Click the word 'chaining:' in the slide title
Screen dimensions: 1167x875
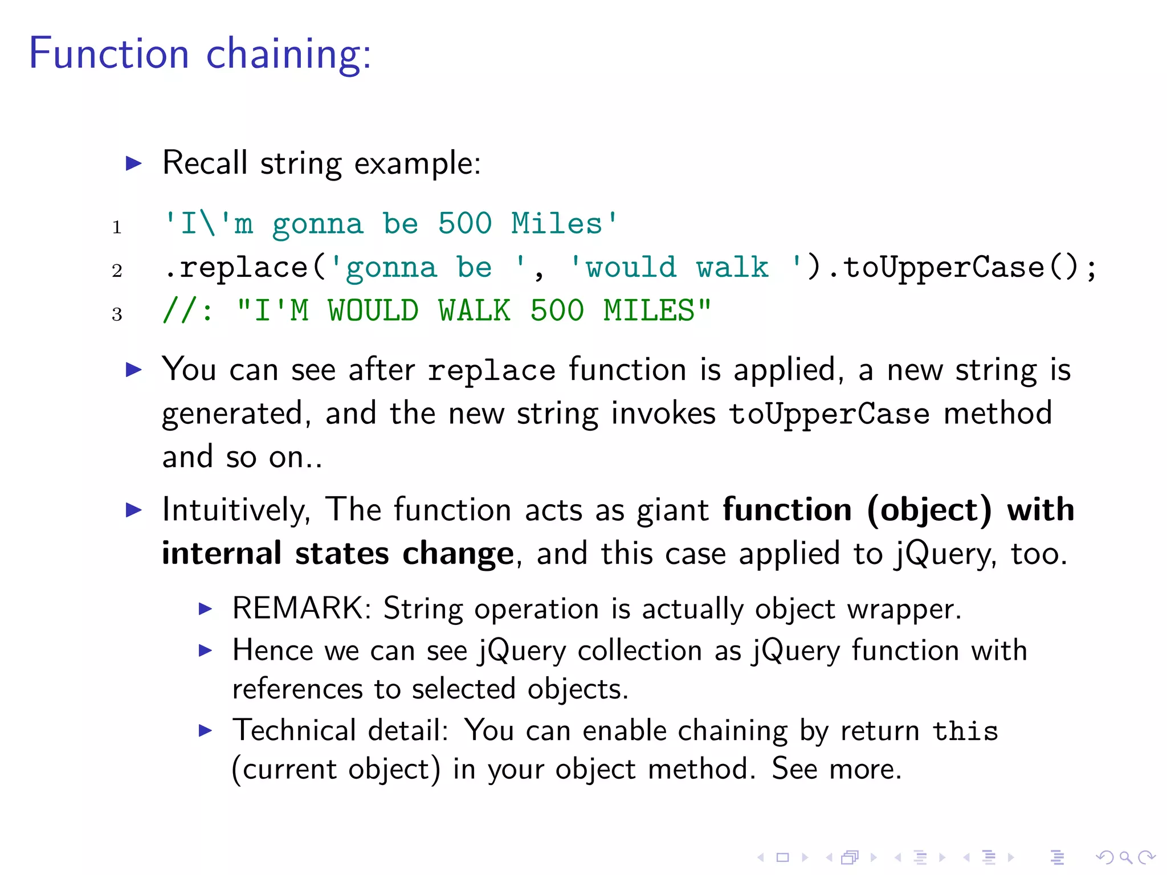point(288,54)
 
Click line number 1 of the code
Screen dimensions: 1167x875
point(117,227)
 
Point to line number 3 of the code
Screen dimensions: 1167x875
point(117,314)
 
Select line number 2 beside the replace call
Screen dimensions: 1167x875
point(117,271)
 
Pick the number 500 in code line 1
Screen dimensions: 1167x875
point(464,223)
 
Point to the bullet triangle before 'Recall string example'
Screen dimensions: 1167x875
point(133,163)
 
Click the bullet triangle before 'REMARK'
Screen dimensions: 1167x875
point(205,608)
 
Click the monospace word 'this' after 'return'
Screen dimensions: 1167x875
point(965,731)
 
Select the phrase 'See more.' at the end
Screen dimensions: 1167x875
point(836,769)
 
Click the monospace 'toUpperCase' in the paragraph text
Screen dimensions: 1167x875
point(829,414)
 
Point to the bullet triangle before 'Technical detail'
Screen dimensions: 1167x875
point(205,730)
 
